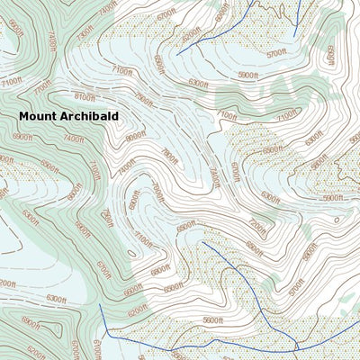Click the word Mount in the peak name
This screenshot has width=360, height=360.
pos(40,116)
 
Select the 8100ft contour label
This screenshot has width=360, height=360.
pos(85,97)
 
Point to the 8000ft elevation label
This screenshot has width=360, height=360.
pos(135,137)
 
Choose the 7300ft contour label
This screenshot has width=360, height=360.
pos(85,32)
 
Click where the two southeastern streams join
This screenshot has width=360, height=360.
pos(296,346)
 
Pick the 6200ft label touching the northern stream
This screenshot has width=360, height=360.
pos(191,35)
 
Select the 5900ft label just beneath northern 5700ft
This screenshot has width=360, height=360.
pos(249,76)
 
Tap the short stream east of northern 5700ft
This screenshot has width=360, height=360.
pos(298,11)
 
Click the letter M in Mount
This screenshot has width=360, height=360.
pos(24,116)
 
